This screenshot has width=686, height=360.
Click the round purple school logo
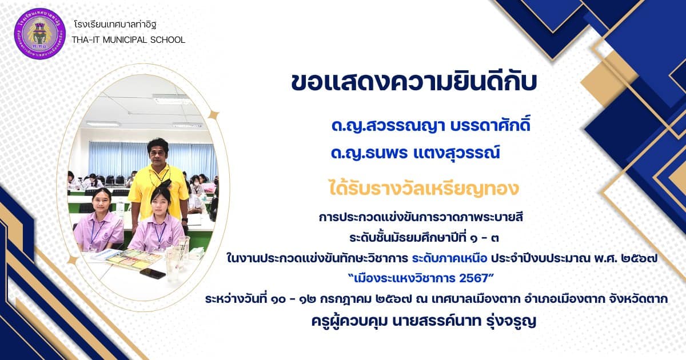pos(39,34)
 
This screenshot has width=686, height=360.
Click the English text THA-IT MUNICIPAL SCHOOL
pos(129,40)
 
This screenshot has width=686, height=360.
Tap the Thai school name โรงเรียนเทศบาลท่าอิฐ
pos(115,25)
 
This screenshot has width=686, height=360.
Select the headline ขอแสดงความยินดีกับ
pos(414,82)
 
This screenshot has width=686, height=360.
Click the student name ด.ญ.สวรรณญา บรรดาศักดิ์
pos(430,126)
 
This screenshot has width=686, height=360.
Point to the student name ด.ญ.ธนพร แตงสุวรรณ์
pos(415,153)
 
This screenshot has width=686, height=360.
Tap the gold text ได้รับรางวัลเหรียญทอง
pos(424,189)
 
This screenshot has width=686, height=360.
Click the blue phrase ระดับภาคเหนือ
pos(449,258)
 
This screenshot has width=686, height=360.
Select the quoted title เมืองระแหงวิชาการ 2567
pos(421,278)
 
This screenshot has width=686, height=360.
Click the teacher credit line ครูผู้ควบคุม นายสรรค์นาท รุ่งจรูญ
pos(424,321)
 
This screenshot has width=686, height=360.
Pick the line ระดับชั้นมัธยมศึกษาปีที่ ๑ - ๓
pos(424,238)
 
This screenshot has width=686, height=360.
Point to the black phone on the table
pos(153,273)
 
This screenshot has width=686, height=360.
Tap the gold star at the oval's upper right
pos(213,115)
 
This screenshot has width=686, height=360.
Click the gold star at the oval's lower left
pos(73,260)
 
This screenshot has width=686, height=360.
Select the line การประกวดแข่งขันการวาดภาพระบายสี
pos(421,217)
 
